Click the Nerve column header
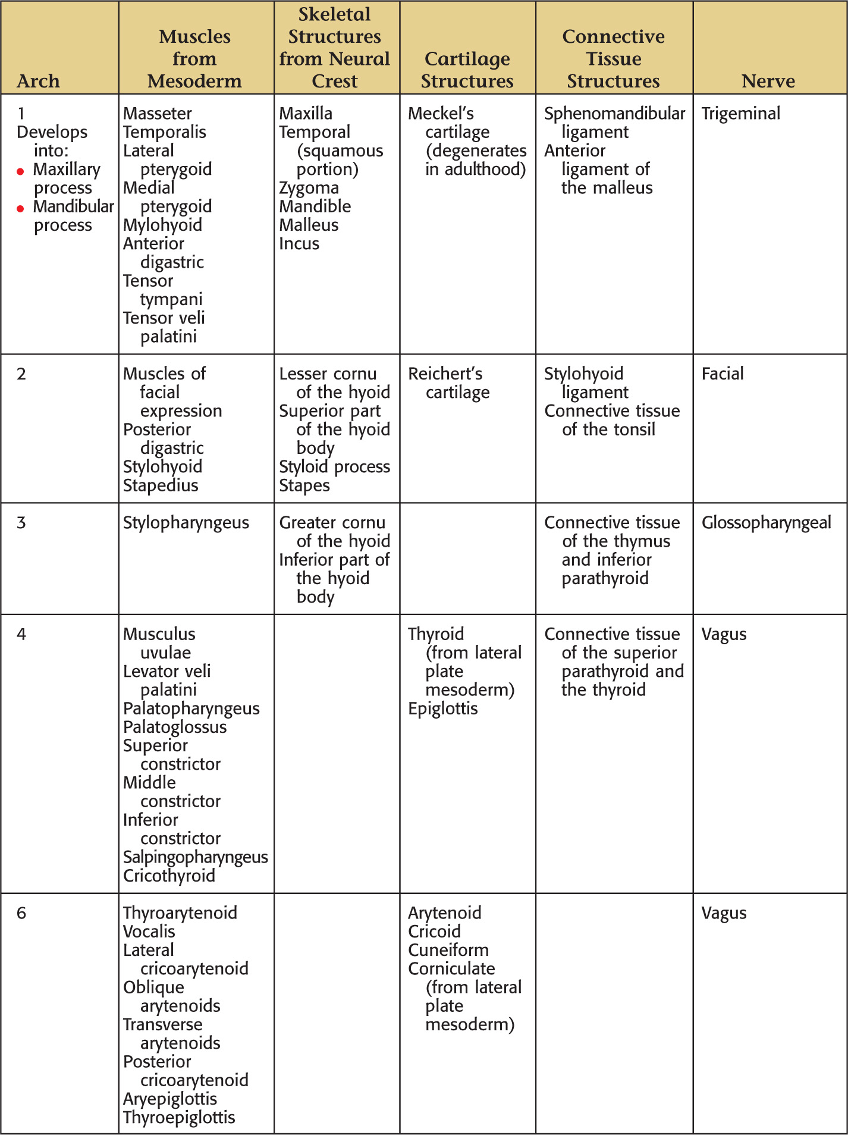[x=768, y=81]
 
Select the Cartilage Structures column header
[x=467, y=70]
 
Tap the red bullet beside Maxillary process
[x=20, y=172]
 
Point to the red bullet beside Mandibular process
[x=20, y=209]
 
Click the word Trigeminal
[x=740, y=113]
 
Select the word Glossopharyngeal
[x=766, y=522]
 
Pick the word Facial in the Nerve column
[x=722, y=374]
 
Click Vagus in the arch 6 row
[x=724, y=913]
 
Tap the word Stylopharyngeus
[x=186, y=522]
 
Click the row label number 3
[x=21, y=522]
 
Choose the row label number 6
[x=21, y=913]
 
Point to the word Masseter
[x=157, y=113]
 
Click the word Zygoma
[x=309, y=187]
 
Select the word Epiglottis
[x=442, y=708]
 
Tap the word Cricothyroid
[x=169, y=875]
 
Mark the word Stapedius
[x=160, y=485]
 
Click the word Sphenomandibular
[x=614, y=113]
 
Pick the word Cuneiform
[x=448, y=949]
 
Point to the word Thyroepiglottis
[x=179, y=1117]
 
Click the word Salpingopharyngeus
[x=195, y=857]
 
